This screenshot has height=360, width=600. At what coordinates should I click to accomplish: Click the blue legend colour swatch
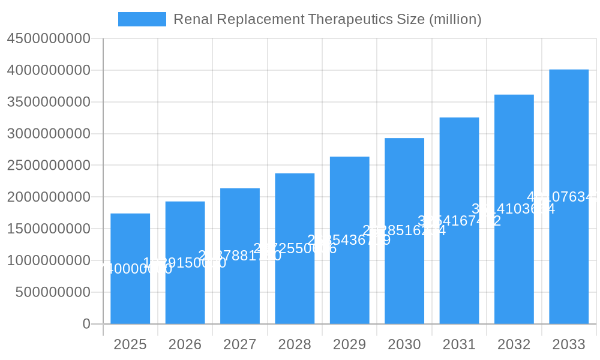click(142, 19)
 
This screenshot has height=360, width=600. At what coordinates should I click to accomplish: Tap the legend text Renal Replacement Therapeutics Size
click(327, 19)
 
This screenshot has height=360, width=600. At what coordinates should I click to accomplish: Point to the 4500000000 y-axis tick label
click(48, 39)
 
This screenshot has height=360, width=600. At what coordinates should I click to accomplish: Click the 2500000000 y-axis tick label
click(48, 166)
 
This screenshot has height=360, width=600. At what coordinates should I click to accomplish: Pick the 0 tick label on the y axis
click(86, 324)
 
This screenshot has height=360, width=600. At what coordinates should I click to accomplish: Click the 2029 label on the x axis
click(349, 344)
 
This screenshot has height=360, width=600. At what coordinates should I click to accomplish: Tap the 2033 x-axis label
click(569, 344)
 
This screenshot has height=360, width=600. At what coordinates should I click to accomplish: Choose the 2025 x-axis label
click(130, 344)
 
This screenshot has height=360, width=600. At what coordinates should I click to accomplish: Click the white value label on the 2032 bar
click(513, 209)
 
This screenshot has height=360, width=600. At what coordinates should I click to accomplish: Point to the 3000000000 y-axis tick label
click(48, 134)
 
